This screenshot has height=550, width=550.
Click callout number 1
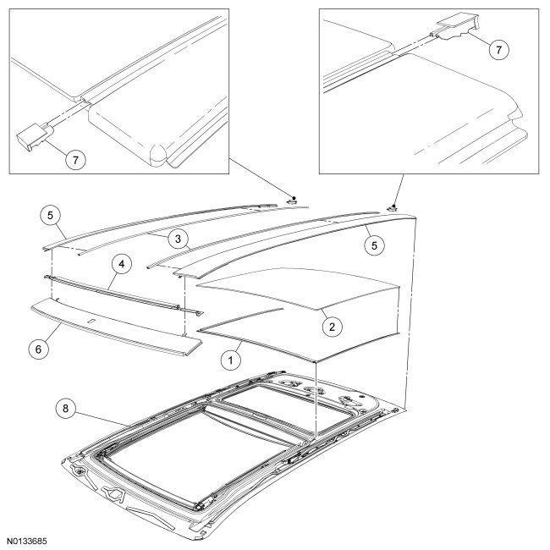pyautogui.click(x=227, y=359)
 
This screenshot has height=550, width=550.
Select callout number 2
pyautogui.click(x=333, y=323)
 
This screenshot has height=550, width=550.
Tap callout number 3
pyautogui.click(x=176, y=239)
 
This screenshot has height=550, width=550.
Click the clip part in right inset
pyautogui.click(x=454, y=29)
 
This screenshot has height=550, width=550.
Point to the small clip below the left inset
pyautogui.click(x=290, y=202)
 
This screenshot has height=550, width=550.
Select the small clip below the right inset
pyautogui.click(x=393, y=206)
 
